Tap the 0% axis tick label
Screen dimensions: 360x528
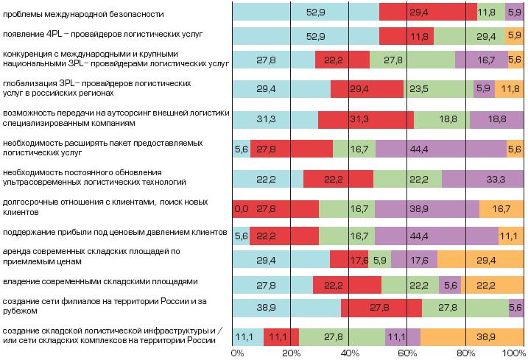pos(237,353)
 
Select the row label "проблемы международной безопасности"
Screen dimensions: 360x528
pos(84,14)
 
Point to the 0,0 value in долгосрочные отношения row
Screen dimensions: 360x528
pos(241,209)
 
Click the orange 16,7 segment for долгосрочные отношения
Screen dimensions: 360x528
pos(501,209)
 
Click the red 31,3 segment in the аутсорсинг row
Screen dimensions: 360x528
pos(365,120)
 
